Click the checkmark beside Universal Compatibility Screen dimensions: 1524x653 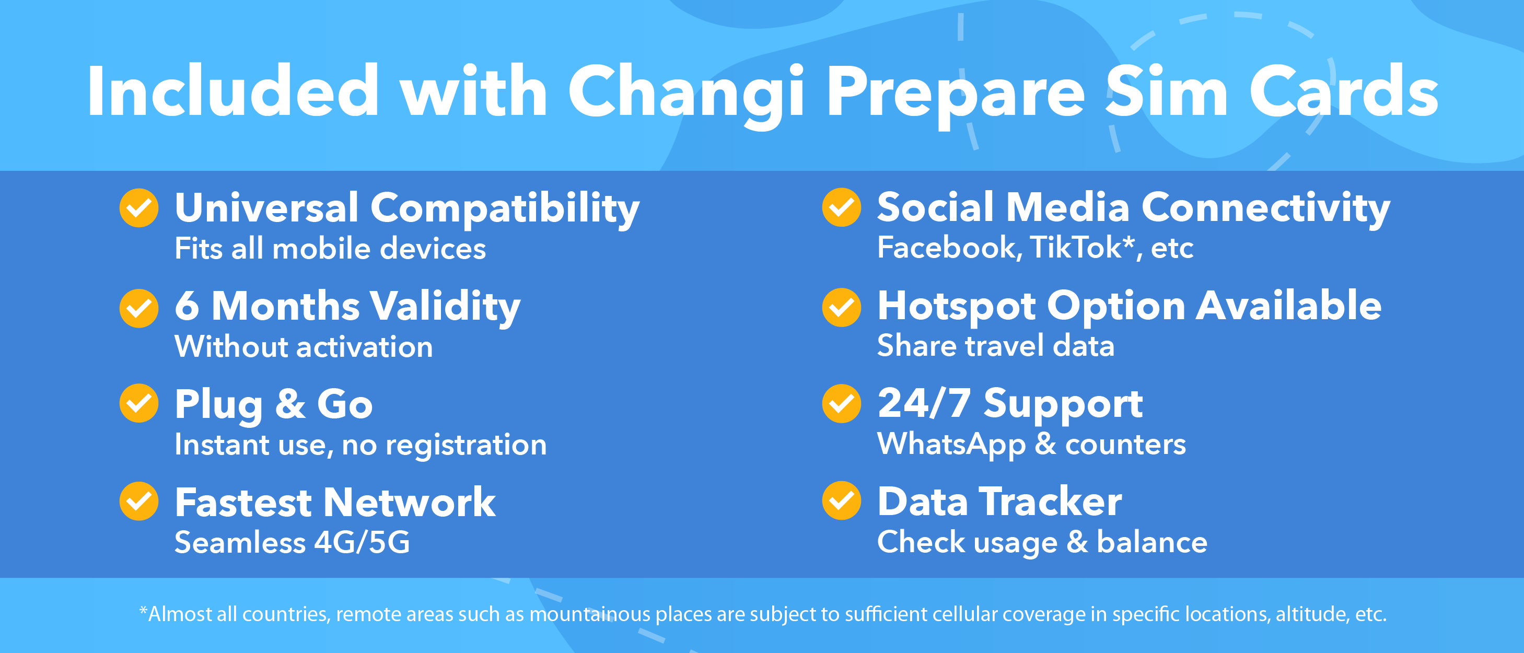[139, 207]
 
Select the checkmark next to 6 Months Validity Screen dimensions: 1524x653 [139, 308]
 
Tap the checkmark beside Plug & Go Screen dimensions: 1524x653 [139, 403]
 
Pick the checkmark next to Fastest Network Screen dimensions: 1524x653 [139, 501]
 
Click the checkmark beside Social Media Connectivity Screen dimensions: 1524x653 [841, 207]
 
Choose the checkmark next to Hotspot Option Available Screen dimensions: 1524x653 [841, 307]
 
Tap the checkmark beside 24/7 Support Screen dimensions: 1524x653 [841, 403]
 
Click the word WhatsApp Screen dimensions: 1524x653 [951, 445]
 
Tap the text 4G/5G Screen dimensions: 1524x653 [362, 542]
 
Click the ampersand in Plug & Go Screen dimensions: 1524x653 [290, 404]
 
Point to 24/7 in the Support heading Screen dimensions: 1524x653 [924, 403]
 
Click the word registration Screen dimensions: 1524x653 [466, 445]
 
